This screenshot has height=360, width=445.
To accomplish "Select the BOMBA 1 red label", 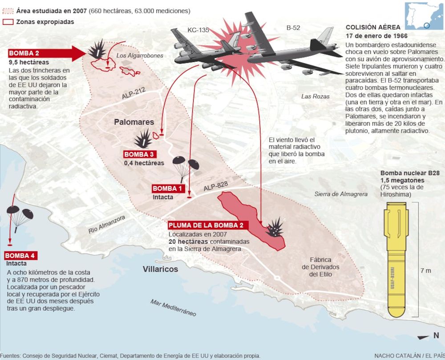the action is [168, 188].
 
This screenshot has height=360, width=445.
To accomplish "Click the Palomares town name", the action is [134, 122].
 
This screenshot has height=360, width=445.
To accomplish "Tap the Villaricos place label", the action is [160, 269].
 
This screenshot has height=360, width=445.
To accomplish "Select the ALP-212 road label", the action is [133, 93].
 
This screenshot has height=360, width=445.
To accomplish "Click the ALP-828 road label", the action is [216, 186].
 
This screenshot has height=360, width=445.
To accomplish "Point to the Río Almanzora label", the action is [107, 224].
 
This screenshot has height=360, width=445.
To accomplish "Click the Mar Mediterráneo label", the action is [174, 307].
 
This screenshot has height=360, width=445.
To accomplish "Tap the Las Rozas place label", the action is [316, 97].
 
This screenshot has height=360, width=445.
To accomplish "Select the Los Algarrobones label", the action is [140, 56].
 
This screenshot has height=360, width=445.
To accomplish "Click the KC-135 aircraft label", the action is [198, 30].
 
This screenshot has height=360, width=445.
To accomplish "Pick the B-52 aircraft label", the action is [293, 28].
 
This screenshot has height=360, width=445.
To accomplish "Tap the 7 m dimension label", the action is [426, 271].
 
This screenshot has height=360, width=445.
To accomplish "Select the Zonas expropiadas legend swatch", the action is [8, 22].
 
